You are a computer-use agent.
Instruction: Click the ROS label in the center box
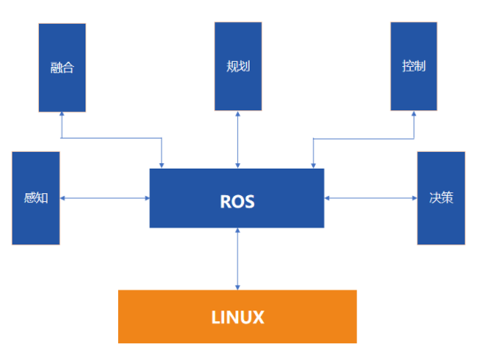pyautogui.click(x=237, y=201)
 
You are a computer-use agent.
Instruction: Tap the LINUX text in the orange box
pyautogui.click(x=237, y=318)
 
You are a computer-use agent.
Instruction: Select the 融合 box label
pyautogui.click(x=63, y=67)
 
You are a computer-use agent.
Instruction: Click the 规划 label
pyautogui.click(x=238, y=66)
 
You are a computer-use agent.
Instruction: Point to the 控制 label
pyautogui.click(x=414, y=66)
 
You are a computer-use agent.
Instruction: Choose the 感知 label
pyautogui.click(x=36, y=198)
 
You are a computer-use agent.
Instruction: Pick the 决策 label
pyautogui.click(x=441, y=198)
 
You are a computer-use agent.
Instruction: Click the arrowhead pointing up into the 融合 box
pyautogui.click(x=62, y=114)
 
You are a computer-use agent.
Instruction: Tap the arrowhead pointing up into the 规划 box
pyautogui.click(x=237, y=114)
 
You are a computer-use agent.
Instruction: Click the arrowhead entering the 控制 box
pyautogui.click(x=414, y=114)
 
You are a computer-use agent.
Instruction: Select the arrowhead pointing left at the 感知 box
pyautogui.click(x=63, y=199)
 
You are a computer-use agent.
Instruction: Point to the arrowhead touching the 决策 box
pyautogui.click(x=414, y=199)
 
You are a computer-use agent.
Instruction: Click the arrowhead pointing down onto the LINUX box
pyautogui.click(x=237, y=288)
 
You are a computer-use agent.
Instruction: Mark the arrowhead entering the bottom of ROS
pyautogui.click(x=237, y=230)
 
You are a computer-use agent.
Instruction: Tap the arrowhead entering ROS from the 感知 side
pyautogui.click(x=147, y=199)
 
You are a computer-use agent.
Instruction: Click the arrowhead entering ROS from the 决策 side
pyautogui.click(x=327, y=199)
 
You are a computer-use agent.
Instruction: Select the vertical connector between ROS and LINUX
pyautogui.click(x=237, y=259)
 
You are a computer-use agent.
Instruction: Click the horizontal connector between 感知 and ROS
pyautogui.click(x=105, y=199)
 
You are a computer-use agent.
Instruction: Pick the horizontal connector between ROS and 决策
pyautogui.click(x=371, y=199)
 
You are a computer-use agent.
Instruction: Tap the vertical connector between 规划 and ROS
pyautogui.click(x=237, y=140)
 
